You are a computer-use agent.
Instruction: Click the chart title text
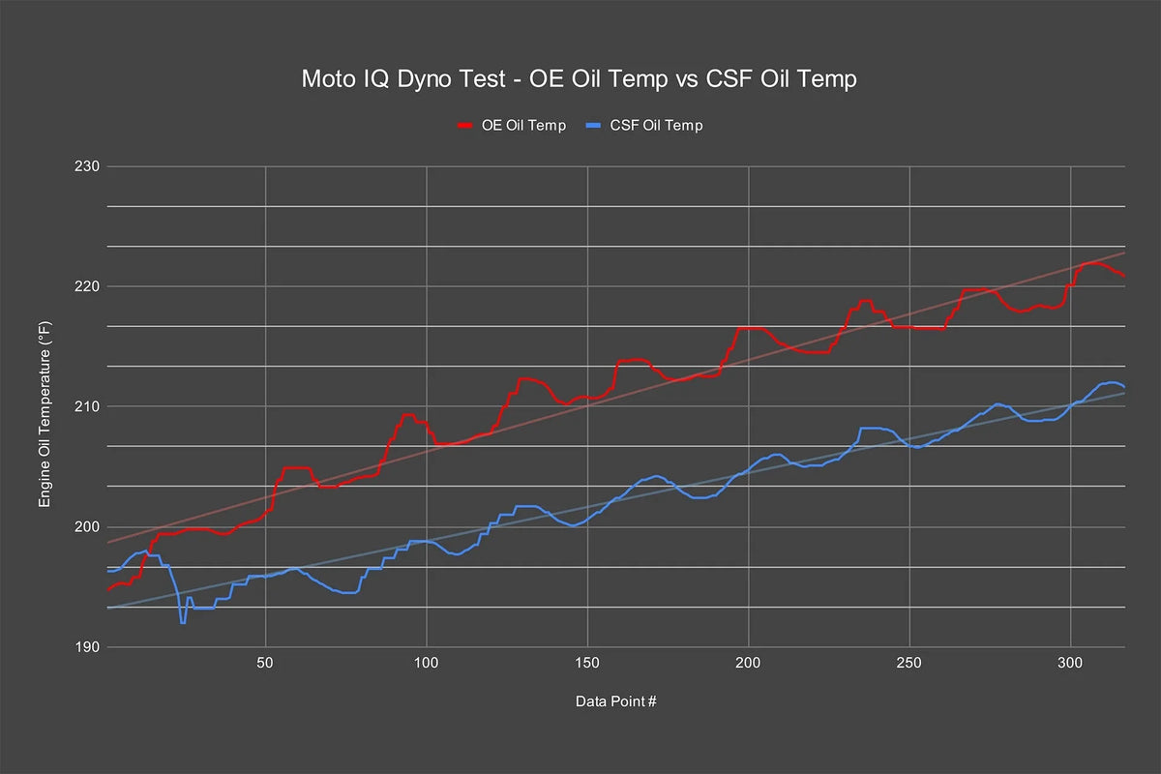[579, 79]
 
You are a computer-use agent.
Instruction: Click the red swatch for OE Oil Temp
[465, 126]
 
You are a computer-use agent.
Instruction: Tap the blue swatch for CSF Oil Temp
[593, 126]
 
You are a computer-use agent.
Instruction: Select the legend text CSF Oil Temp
[656, 126]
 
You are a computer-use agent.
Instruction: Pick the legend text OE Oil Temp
[523, 126]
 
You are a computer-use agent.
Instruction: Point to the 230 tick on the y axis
[87, 166]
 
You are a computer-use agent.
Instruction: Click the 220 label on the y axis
[87, 286]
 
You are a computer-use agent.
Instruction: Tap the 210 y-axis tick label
[87, 406]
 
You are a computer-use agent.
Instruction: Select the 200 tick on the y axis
[87, 526]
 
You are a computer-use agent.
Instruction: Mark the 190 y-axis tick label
[87, 647]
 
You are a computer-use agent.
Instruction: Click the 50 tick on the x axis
[265, 663]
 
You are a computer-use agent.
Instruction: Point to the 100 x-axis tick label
[426, 663]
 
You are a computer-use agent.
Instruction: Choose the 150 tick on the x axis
[587, 663]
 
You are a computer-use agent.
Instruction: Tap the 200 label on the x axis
[748, 663]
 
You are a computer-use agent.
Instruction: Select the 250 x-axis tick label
[909, 663]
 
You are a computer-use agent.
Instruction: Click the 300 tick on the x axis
[1070, 663]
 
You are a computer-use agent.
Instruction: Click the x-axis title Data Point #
[615, 701]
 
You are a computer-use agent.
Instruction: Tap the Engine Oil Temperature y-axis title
[45, 415]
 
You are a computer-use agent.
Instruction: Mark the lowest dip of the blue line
[183, 623]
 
